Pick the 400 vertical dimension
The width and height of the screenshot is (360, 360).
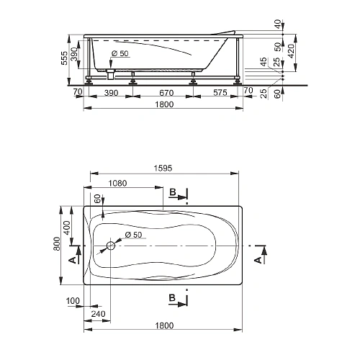(x=66, y=226)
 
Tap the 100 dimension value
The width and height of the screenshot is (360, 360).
(x=72, y=300)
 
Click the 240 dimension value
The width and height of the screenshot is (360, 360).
(x=99, y=313)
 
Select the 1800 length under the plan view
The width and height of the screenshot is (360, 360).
(x=165, y=326)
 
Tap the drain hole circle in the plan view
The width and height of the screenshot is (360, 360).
(x=111, y=246)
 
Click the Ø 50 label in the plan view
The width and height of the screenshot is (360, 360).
(x=132, y=236)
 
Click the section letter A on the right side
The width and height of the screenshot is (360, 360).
(x=257, y=259)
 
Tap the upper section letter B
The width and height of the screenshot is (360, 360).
(x=173, y=192)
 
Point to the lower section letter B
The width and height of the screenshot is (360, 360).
(x=173, y=297)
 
